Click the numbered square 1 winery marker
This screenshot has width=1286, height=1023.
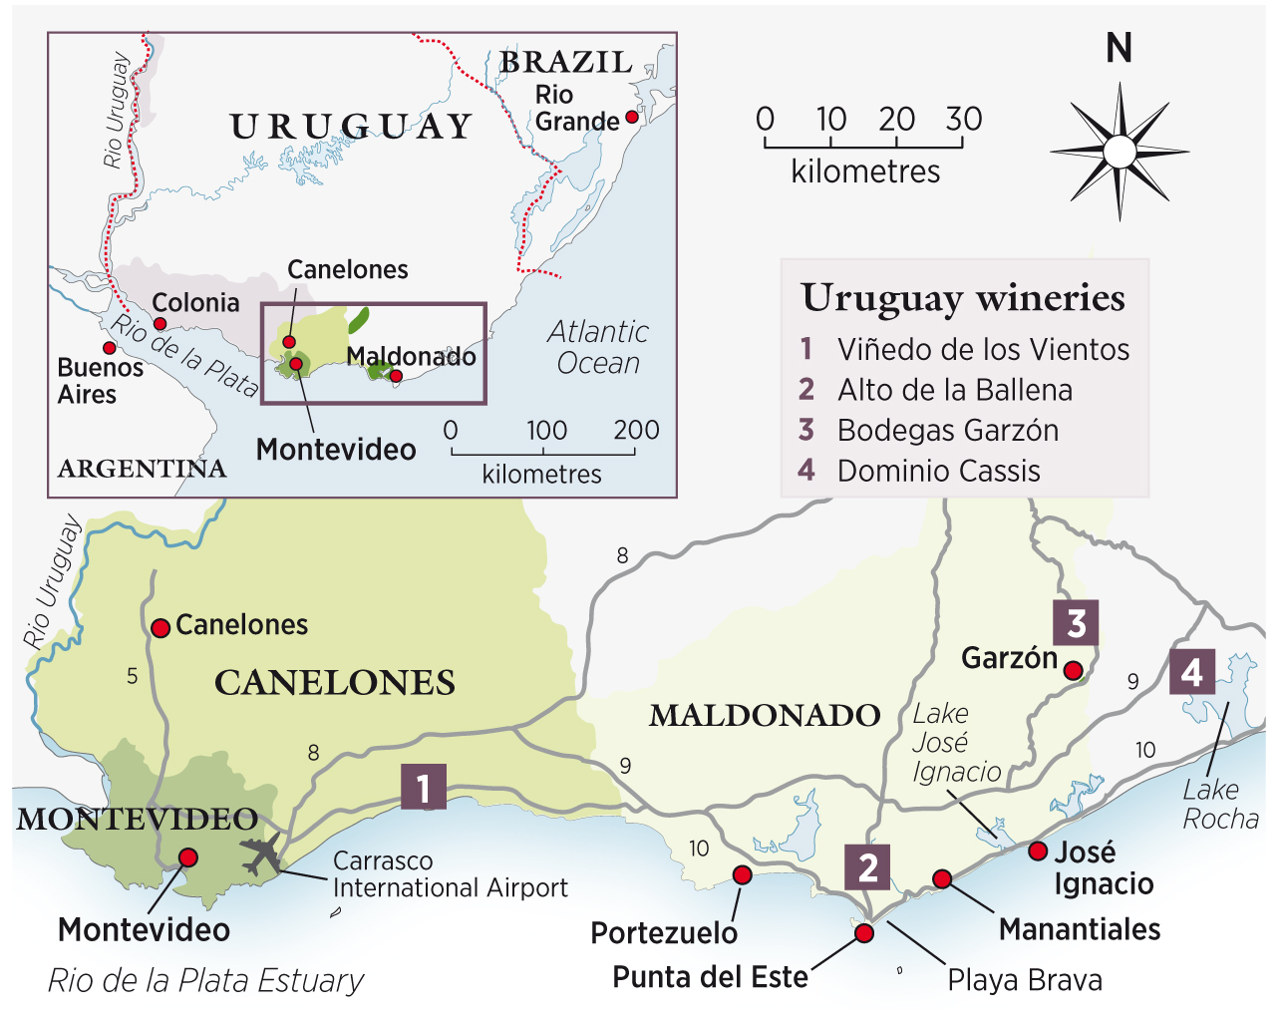424,787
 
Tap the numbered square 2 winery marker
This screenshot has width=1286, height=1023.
868,866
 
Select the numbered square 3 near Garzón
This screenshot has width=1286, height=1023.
1076,623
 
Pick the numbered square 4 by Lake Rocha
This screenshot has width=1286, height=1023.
1192,673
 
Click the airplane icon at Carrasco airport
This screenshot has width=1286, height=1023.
262,854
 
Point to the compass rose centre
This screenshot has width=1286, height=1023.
1120,153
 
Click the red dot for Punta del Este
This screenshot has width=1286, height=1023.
864,933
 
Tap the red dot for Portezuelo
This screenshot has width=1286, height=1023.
742,874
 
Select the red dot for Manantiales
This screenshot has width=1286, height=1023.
942,878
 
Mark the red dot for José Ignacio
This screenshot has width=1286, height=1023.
1038,851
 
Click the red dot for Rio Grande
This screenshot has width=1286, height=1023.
631,117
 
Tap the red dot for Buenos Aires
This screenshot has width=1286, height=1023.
109,348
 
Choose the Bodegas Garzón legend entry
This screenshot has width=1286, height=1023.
947,431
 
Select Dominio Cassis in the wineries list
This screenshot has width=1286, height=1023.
938,471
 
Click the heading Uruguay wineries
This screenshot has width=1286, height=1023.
963,298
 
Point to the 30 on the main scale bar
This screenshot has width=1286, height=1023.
964,120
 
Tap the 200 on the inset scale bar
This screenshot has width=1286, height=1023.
636,430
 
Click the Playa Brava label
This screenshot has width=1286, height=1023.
1024,980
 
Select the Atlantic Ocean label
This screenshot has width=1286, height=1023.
598,347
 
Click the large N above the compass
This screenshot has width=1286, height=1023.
1119,48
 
